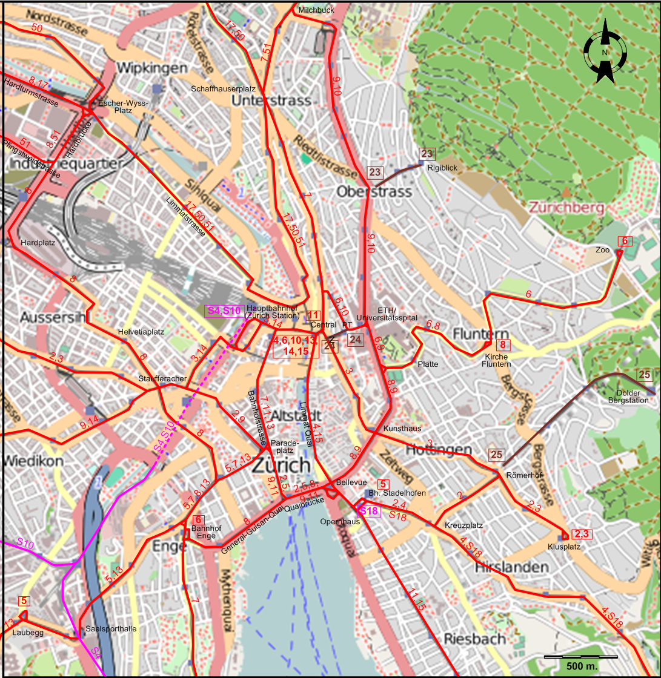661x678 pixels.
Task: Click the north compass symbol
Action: [605, 52]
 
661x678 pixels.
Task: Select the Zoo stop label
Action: [602, 249]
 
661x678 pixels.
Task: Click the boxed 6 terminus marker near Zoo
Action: [625, 241]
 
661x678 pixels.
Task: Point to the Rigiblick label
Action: [442, 168]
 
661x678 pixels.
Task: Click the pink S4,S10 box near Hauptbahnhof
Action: [225, 311]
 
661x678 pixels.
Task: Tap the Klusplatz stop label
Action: [563, 547]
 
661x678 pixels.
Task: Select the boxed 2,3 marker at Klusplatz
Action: [582, 533]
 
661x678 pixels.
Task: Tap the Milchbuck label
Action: [316, 10]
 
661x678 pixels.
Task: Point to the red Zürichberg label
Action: [566, 208]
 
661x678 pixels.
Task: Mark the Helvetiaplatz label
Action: [141, 332]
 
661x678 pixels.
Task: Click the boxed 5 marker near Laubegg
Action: [24, 601]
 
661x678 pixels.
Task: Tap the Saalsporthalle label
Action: [111, 629]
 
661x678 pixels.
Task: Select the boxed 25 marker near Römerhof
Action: [497, 455]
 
